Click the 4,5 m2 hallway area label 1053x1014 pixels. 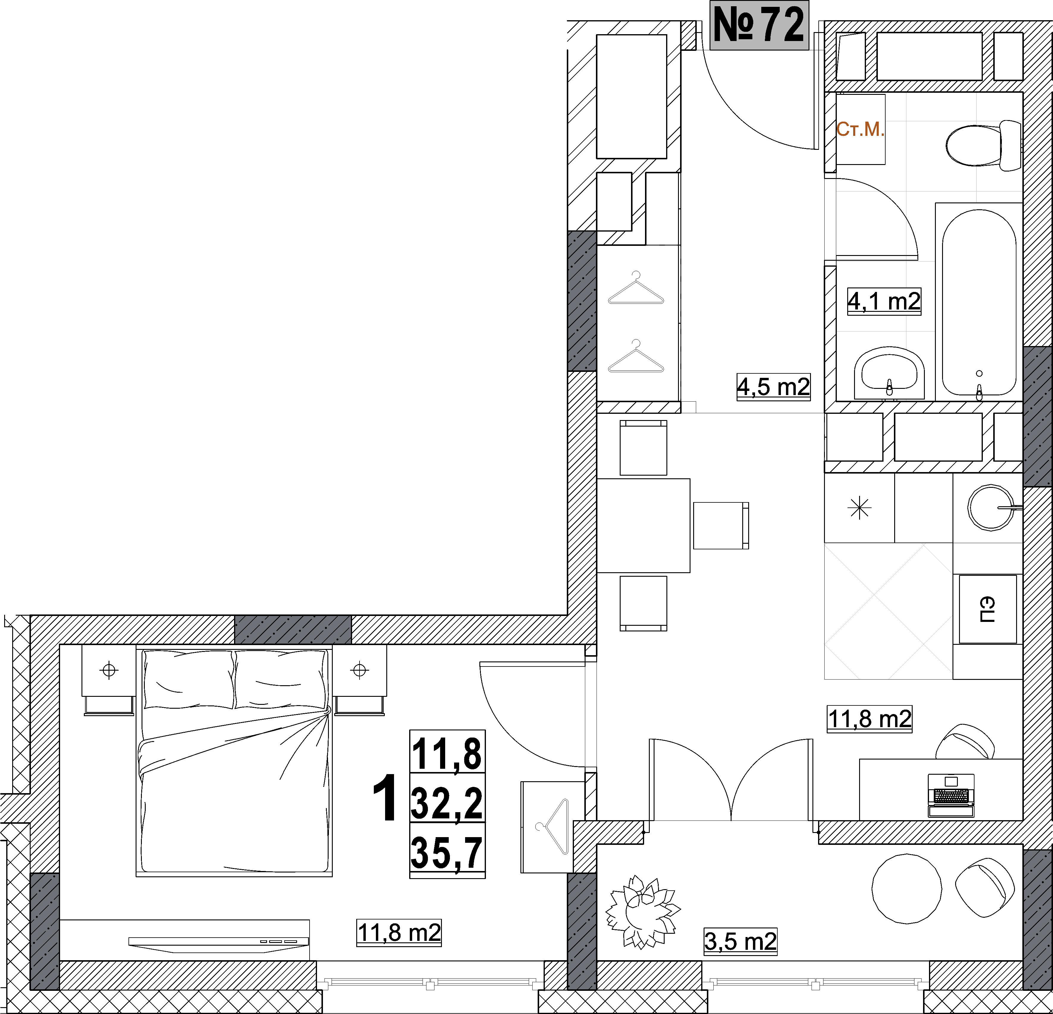tap(773, 387)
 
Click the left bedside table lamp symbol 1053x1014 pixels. tap(109, 670)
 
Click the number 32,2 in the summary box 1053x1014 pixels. tap(447, 803)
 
